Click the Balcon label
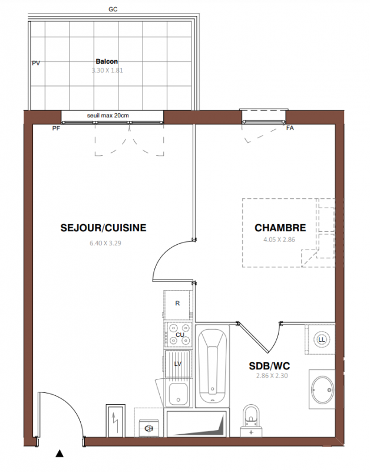pos(107,61)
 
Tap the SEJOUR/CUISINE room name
pos(103,228)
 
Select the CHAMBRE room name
pos(280,228)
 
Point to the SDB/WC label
pos(269,366)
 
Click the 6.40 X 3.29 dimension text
pos(105,243)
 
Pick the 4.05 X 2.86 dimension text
pos(279,240)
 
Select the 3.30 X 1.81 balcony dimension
pos(107,70)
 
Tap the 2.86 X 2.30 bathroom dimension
pos(272,376)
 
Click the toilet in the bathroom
pos(251,421)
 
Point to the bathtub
pos(213,366)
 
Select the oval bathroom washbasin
pos(322,389)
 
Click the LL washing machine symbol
pos(321,340)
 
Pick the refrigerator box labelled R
pos(177,304)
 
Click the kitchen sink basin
pos(179,394)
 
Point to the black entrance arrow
pos(60,453)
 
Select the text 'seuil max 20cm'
pos(108,115)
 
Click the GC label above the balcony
pos(113,9)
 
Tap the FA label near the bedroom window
pos(290,128)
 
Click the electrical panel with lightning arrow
pos(115,421)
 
